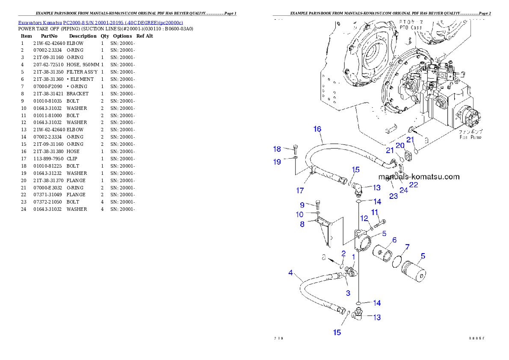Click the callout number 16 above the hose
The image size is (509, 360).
click(317, 129)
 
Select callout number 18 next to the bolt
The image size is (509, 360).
click(277, 149)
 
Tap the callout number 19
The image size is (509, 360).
click(277, 162)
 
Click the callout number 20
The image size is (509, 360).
click(400, 145)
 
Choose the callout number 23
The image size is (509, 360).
click(393, 196)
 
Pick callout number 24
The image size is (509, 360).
click(404, 190)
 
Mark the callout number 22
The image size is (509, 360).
click(414, 185)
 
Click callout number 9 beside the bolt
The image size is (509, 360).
click(302, 205)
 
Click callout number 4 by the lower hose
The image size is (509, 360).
click(290, 272)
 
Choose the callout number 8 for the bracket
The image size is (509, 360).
click(302, 224)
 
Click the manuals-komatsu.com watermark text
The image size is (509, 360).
click(418, 177)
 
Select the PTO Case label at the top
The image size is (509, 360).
click(410, 27)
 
